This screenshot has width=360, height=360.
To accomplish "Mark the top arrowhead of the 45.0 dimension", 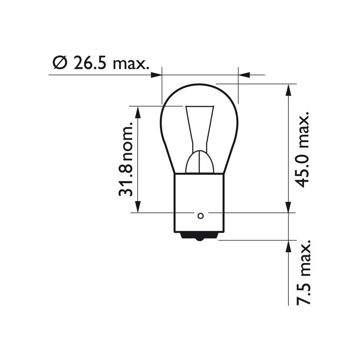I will coord(288,89).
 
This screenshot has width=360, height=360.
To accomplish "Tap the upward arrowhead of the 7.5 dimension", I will coord(288,246).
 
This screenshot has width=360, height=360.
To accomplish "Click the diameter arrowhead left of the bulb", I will coord(156,74).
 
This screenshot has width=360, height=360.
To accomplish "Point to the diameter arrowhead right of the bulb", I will coord(244,74).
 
